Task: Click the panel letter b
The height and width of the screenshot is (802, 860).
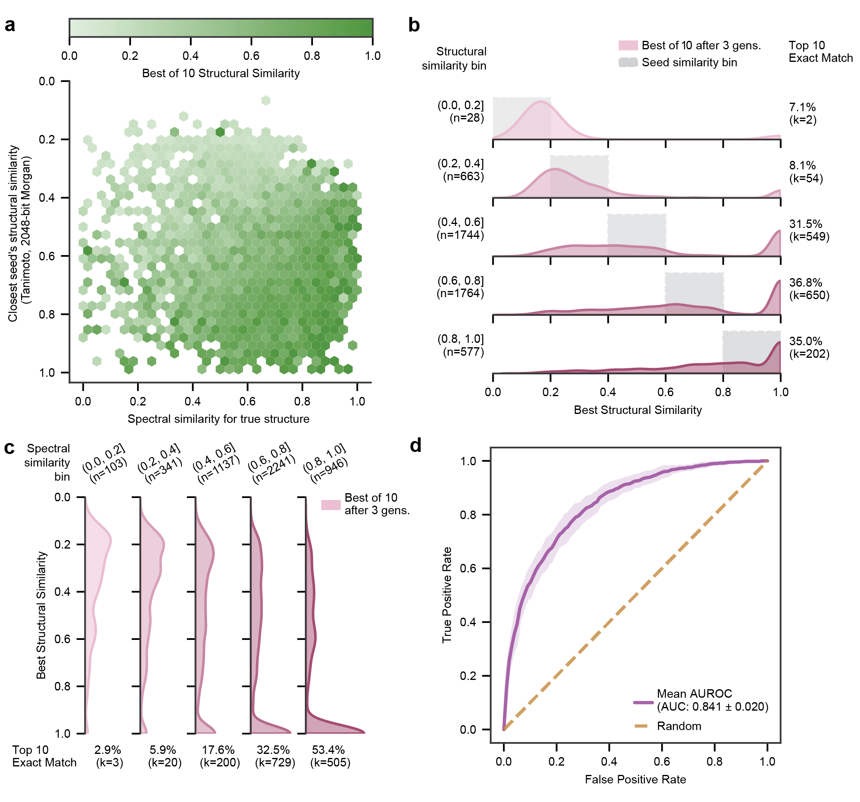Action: (414, 25)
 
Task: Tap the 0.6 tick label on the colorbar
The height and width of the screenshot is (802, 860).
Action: (251, 56)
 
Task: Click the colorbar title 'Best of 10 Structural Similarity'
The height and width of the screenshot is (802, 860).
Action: (221, 73)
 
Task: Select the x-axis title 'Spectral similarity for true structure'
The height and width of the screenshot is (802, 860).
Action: (218, 419)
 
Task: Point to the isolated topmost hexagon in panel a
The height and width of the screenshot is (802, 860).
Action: (266, 100)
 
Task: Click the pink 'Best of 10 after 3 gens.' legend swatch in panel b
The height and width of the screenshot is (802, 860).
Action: (628, 45)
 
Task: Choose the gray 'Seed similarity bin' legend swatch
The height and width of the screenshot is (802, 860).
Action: (628, 62)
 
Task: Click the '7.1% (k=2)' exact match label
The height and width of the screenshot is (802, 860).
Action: (803, 113)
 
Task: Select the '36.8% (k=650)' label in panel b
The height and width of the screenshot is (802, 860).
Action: (809, 289)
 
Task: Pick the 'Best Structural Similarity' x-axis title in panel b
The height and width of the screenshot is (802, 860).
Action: (637, 409)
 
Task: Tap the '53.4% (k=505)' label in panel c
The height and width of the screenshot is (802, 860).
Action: (330, 756)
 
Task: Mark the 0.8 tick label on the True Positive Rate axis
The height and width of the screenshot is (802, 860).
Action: (468, 515)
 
